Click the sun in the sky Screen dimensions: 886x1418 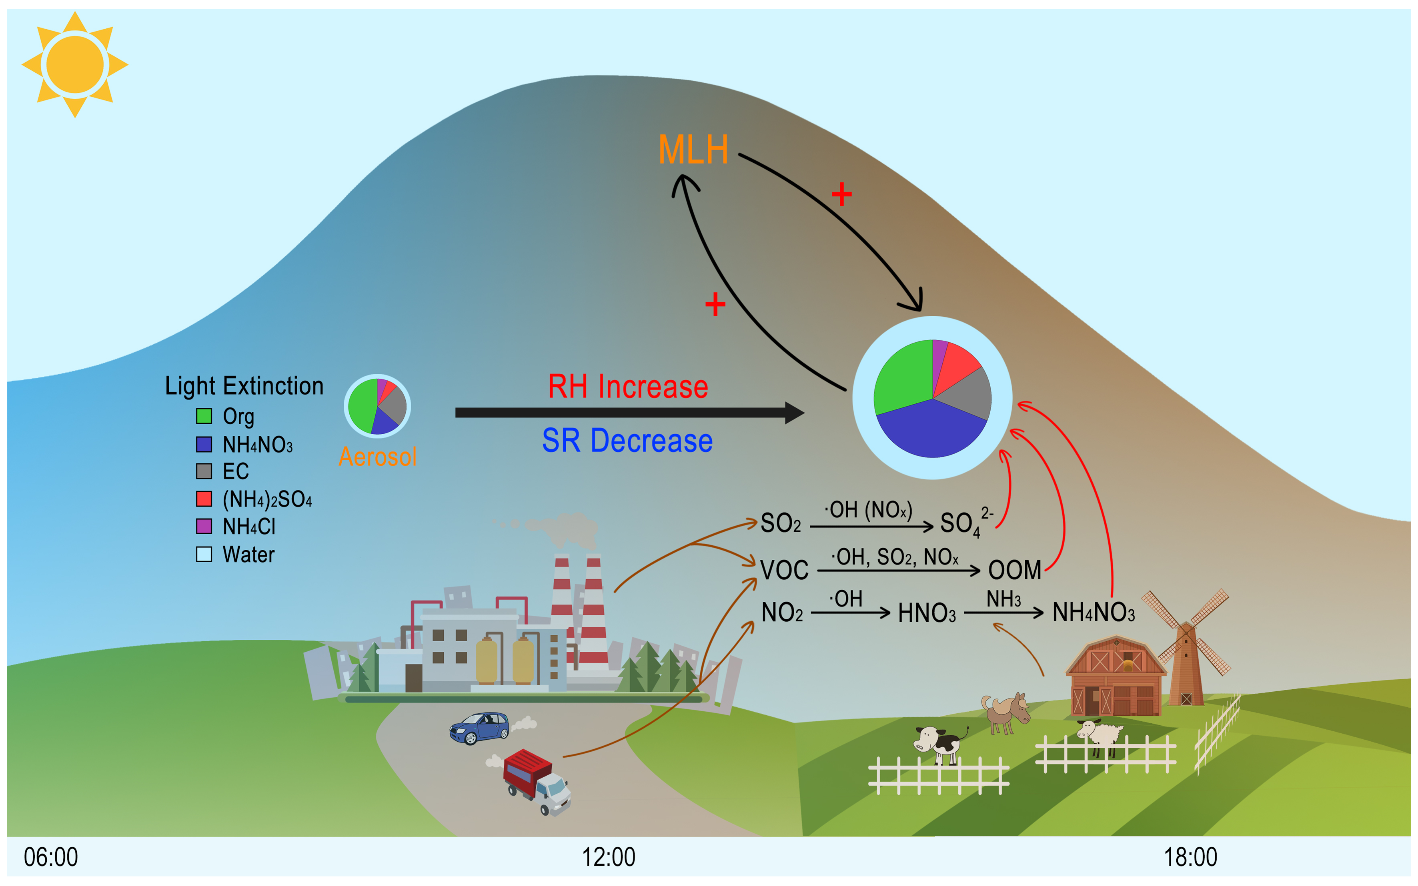tap(74, 64)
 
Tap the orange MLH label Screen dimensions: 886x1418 tap(693, 150)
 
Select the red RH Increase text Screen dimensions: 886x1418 tap(627, 387)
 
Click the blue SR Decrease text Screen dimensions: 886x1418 tap(627, 441)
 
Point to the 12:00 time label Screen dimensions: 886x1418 tap(608, 857)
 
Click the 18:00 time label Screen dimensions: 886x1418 tap(1190, 857)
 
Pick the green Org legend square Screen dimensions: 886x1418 tap(204, 416)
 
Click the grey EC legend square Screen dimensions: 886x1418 tap(204, 471)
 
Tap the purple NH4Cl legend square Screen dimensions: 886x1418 tap(204, 526)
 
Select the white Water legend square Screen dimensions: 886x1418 tap(204, 554)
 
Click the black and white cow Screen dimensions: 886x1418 tap(939, 744)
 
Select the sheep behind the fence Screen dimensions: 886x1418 tap(1101, 735)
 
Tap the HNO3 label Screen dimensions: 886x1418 tap(927, 613)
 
